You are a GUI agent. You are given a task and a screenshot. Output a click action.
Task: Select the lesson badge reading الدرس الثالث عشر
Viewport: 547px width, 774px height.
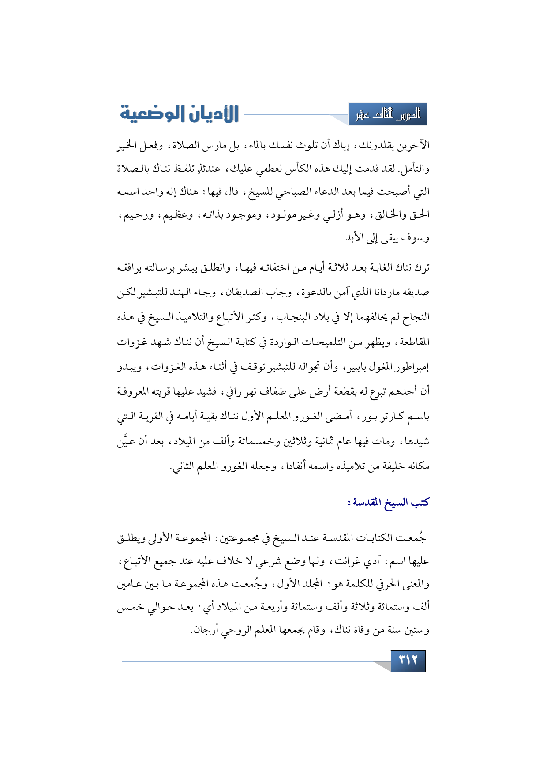[388, 115]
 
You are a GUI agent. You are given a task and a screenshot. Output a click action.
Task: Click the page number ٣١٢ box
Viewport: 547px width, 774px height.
[408, 661]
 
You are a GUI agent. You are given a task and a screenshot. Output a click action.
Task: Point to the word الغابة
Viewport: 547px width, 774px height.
[383, 268]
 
